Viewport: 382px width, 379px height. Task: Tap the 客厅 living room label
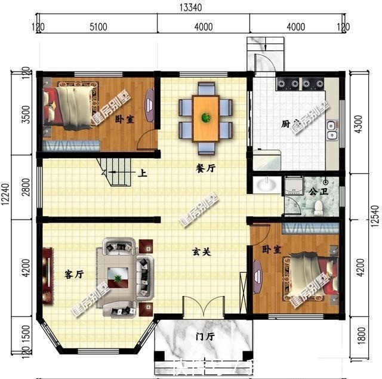(x=73, y=275)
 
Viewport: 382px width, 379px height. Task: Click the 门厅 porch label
(x=205, y=337)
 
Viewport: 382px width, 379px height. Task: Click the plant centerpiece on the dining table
(x=205, y=116)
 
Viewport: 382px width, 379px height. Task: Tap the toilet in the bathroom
(x=319, y=207)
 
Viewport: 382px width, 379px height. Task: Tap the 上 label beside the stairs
(x=143, y=174)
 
